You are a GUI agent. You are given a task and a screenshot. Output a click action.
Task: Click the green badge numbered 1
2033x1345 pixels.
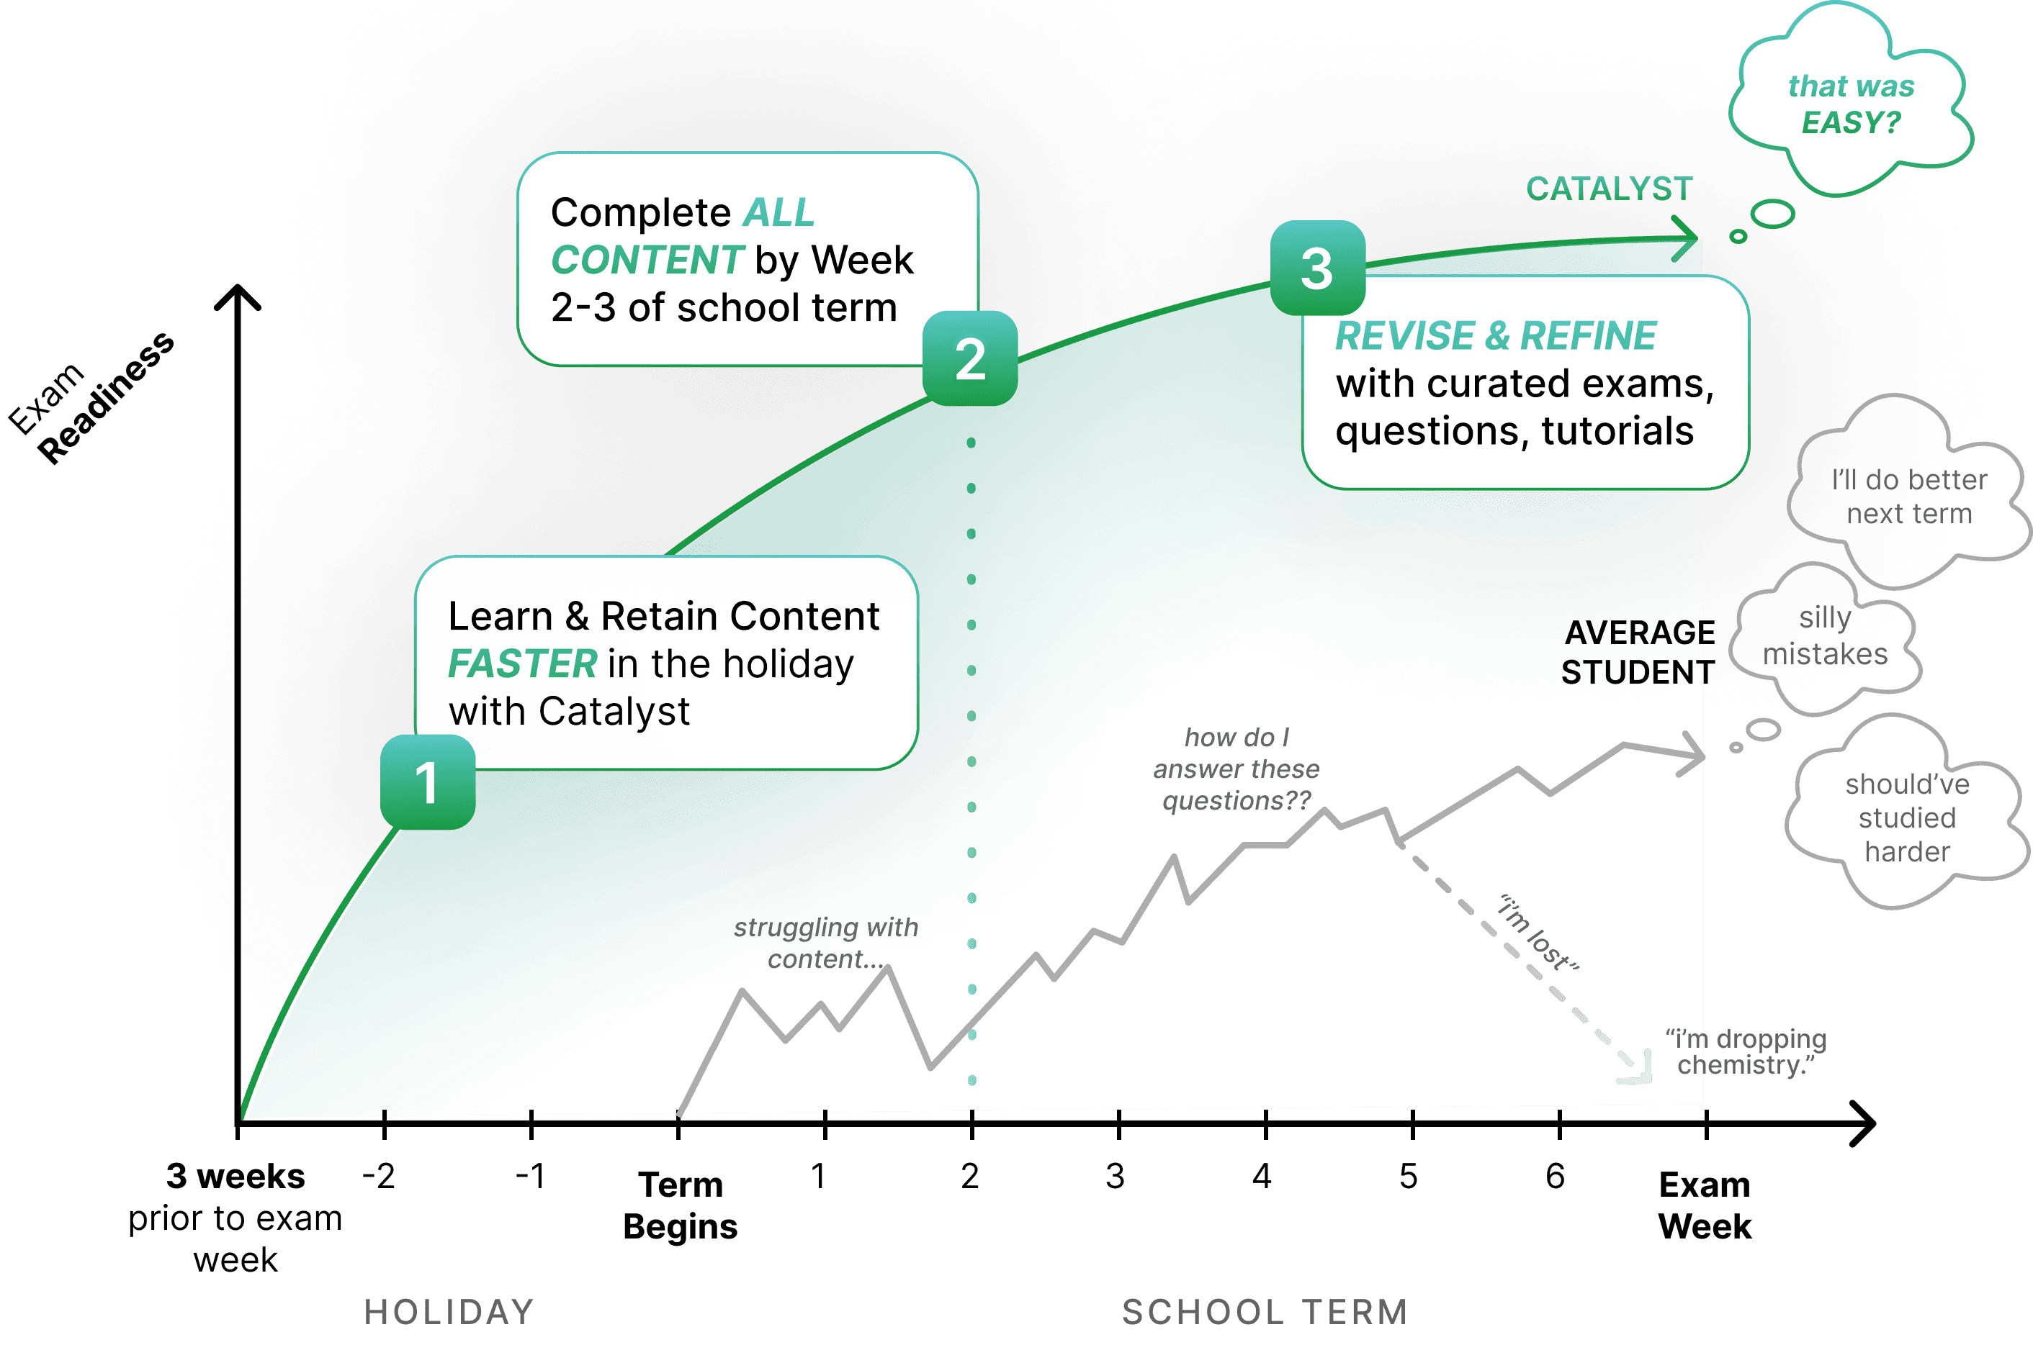(x=427, y=782)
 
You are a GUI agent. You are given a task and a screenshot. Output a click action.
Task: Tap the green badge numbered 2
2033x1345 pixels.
(x=970, y=358)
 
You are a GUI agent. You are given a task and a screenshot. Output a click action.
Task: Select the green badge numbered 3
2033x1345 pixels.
(x=1317, y=268)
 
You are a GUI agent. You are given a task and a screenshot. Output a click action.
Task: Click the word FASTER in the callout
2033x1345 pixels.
(x=522, y=664)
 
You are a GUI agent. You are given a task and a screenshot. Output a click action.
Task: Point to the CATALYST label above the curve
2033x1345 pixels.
(x=1609, y=189)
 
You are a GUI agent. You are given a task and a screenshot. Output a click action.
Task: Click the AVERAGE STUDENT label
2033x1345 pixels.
(x=1638, y=652)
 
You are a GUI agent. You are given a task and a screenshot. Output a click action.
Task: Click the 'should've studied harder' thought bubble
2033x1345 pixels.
(x=1907, y=818)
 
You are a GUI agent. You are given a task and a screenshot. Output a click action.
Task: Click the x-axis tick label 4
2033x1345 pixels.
(x=1262, y=1176)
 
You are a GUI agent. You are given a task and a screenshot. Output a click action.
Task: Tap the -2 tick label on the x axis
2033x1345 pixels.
(x=379, y=1176)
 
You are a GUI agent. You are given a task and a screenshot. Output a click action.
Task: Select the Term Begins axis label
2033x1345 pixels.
(x=681, y=1205)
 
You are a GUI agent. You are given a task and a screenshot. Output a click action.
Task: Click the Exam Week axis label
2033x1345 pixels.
(x=1705, y=1205)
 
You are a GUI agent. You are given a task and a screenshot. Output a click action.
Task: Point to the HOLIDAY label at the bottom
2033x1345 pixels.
(x=449, y=1312)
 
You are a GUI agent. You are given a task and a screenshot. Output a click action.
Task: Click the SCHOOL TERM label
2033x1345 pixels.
(x=1265, y=1312)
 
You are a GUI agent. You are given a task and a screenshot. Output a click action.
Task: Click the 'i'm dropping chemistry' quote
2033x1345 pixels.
(x=1746, y=1051)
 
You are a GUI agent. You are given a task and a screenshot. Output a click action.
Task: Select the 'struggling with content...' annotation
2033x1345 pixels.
(x=825, y=943)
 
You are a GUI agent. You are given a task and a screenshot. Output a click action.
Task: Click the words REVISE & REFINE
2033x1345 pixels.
(x=1496, y=335)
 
